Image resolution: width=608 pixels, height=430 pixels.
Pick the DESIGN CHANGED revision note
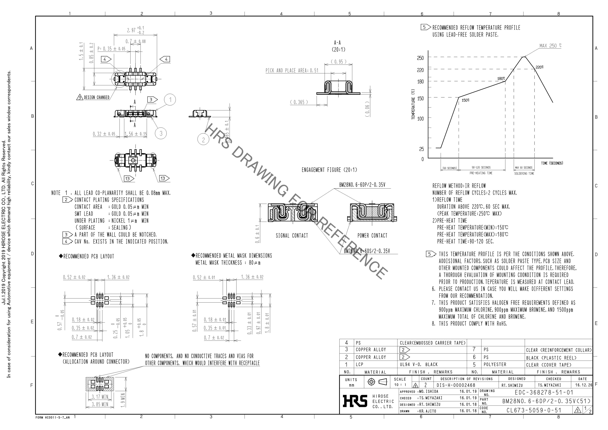[96, 98]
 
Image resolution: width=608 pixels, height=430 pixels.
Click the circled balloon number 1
[170, 100]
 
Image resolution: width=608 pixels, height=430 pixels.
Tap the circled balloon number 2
[203, 140]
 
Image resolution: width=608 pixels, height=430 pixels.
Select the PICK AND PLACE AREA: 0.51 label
[292, 70]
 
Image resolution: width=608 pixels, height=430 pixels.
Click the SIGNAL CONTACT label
[292, 236]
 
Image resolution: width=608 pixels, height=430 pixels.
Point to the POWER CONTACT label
[372, 236]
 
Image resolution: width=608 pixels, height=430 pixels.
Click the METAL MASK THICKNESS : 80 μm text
[228, 263]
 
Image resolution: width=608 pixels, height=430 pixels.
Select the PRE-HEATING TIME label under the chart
[481, 173]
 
